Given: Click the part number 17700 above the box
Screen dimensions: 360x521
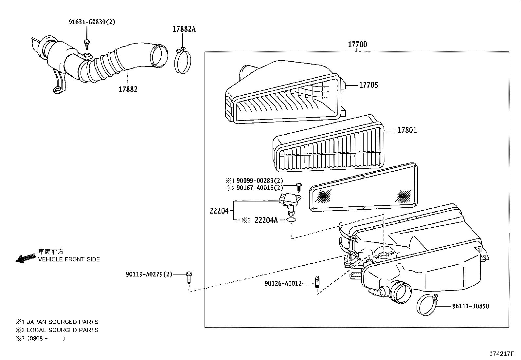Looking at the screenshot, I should tap(357, 44).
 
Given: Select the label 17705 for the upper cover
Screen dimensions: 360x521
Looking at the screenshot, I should tap(368, 85).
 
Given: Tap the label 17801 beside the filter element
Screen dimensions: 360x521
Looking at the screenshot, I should tap(407, 130).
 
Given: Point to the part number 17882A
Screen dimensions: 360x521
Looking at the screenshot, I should tap(184, 29).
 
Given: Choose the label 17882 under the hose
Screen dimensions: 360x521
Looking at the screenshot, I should tap(128, 89).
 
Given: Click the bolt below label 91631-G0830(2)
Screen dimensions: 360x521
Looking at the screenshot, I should tap(87, 42).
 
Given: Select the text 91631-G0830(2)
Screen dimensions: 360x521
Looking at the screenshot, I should tap(92, 22).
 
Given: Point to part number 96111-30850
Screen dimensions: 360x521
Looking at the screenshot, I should tap(471, 306).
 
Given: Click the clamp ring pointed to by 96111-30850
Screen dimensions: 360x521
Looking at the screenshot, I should tap(427, 305).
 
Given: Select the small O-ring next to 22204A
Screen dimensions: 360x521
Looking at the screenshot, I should tap(291, 220).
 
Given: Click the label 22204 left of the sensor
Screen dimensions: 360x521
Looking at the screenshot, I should tap(219, 211).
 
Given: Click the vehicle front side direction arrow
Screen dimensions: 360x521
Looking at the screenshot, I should tap(26, 258).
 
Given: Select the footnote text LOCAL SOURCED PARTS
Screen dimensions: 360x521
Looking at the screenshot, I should tap(63, 330).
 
